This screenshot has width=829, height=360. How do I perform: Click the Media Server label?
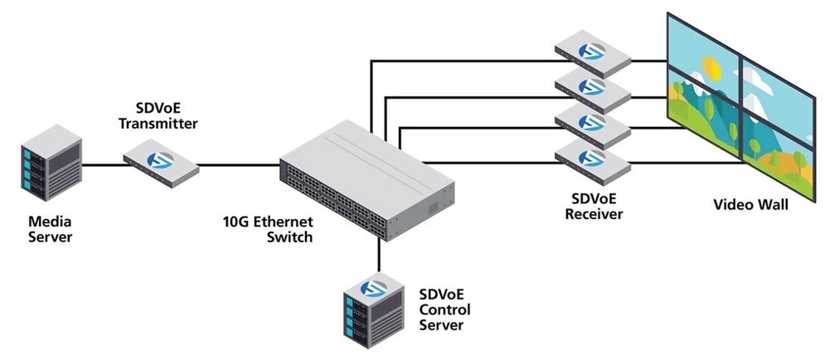tap(51, 228)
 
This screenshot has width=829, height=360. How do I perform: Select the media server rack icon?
tap(51, 163)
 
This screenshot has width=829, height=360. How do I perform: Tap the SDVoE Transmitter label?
tap(158, 116)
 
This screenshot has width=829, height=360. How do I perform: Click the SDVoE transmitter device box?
tap(162, 163)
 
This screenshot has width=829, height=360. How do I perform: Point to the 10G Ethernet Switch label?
tap(268, 228)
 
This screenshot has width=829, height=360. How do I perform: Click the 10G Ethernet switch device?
tap(367, 181)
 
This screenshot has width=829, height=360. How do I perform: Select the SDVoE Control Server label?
tap(444, 309)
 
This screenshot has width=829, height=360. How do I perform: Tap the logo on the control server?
tap(374, 289)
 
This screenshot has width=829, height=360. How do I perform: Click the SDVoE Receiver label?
tap(594, 207)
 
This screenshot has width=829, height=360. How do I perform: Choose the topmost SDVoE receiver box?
tap(593, 54)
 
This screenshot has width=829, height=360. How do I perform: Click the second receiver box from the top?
tap(593, 90)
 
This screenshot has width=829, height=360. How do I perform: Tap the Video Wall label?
tap(751, 205)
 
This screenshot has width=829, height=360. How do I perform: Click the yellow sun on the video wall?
tap(711, 68)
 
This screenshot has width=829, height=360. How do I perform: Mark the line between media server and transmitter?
tap(104, 165)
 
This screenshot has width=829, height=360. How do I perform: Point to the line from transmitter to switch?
tap(239, 165)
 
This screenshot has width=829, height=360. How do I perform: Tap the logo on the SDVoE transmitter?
tap(160, 159)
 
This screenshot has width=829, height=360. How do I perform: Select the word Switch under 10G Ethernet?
tap(289, 236)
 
